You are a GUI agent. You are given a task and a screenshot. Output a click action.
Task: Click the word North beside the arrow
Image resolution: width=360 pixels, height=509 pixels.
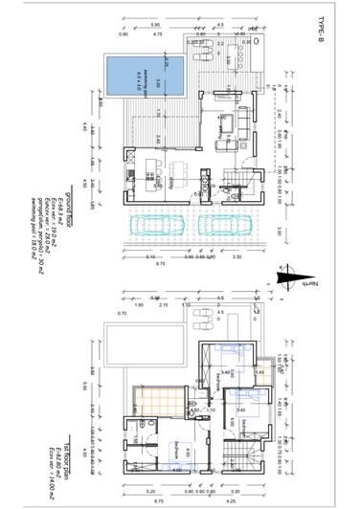click(310, 284)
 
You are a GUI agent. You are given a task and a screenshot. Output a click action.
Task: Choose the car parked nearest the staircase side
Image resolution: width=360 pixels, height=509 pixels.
click(218, 226)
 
